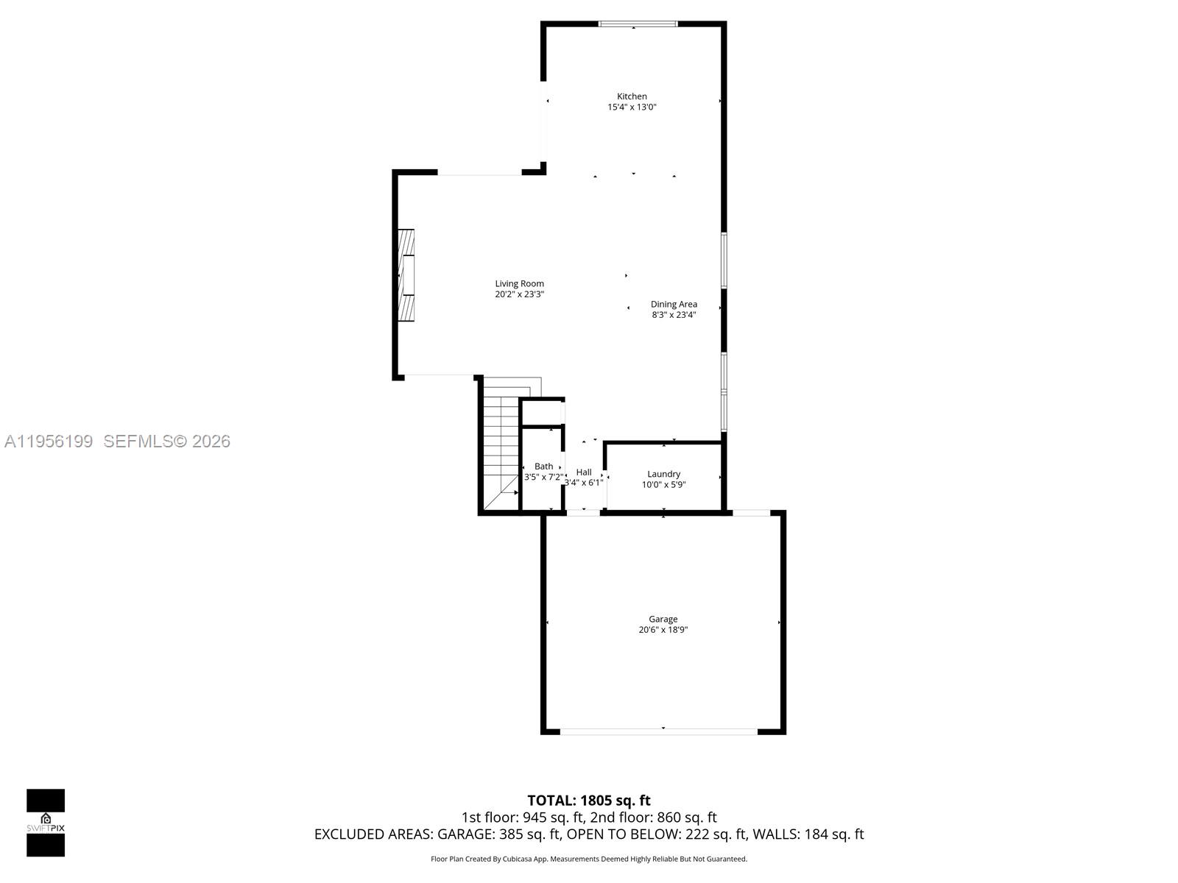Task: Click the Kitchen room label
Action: click(632, 96)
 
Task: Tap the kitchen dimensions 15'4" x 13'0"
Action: click(632, 107)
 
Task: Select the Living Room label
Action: click(519, 283)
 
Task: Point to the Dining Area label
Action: click(674, 304)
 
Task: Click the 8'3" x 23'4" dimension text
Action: click(674, 315)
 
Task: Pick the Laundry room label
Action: click(663, 474)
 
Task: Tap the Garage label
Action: click(663, 619)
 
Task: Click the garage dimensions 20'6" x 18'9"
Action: click(663, 630)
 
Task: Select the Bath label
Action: click(543, 466)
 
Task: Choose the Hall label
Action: click(584, 472)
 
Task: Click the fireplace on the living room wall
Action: click(406, 275)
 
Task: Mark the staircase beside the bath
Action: click(501, 449)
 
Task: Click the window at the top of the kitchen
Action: click(638, 24)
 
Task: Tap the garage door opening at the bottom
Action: click(659, 731)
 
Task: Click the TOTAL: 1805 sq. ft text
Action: click(589, 801)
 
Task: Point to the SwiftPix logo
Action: click(46, 823)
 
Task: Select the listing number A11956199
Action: click(49, 441)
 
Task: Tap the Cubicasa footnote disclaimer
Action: click(589, 859)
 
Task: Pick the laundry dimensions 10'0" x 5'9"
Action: click(663, 485)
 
